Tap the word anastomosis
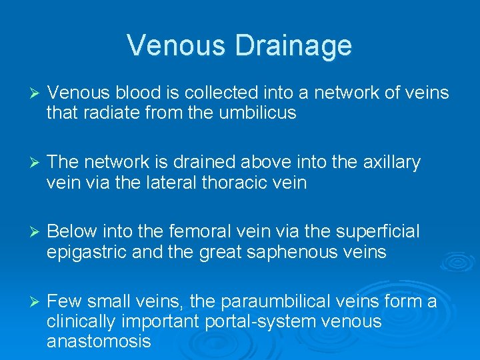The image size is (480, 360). pos(99,342)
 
